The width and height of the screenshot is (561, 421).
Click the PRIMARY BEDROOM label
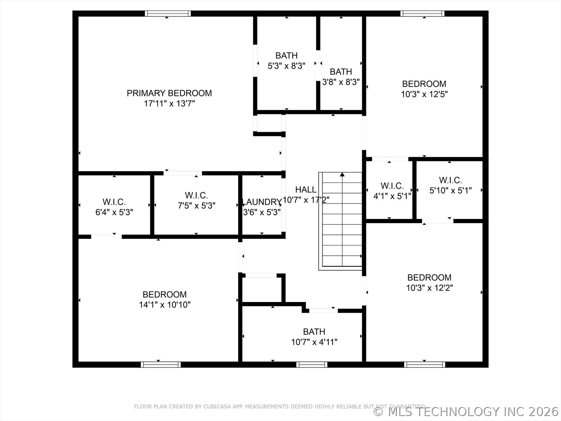point(169,93)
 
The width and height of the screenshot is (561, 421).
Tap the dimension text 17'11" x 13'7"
point(169,103)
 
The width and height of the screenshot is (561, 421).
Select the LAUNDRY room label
point(262,202)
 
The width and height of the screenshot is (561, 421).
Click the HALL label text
point(306,190)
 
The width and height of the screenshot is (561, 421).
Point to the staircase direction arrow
point(342,175)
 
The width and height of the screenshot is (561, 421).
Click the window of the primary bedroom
point(168,13)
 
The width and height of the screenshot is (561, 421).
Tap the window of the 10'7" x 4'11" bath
point(312,365)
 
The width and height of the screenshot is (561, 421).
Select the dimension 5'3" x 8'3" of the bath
point(286,66)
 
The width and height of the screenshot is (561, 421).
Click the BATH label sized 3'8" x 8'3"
point(341,72)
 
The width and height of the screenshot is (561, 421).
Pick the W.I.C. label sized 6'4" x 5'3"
point(114,202)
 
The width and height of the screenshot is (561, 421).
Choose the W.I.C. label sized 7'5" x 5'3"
point(196,195)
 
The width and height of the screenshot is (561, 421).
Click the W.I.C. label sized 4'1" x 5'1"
point(392,186)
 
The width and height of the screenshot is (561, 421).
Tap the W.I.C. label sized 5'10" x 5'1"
point(450,180)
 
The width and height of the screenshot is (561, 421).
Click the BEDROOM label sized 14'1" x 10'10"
point(165,294)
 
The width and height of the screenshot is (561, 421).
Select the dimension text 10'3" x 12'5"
point(424,94)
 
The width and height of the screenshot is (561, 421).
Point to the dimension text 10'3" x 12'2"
point(429,288)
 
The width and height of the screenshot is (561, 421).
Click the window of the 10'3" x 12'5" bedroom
point(422,13)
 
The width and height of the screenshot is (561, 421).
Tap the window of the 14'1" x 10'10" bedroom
point(161,365)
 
